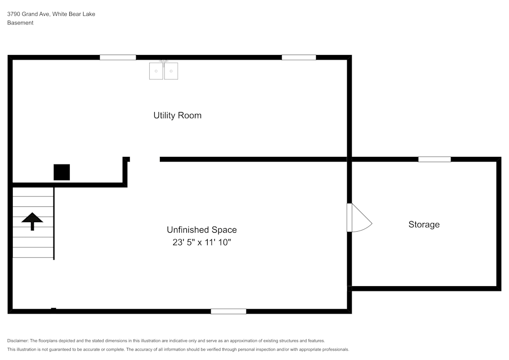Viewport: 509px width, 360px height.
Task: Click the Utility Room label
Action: click(x=177, y=116)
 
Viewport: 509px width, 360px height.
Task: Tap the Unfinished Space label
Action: click(x=202, y=230)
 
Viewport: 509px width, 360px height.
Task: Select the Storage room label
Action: click(x=424, y=225)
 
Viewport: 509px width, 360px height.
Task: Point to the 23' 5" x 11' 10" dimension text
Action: click(x=202, y=242)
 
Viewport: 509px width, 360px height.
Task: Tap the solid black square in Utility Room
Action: click(x=62, y=172)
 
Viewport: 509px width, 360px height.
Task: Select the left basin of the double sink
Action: click(x=156, y=71)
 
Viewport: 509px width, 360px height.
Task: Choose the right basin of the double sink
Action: click(x=171, y=71)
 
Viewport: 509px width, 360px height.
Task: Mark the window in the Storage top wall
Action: click(x=434, y=159)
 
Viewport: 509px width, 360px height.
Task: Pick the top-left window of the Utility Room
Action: click(x=118, y=58)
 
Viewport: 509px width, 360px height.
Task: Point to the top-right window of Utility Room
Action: click(x=299, y=58)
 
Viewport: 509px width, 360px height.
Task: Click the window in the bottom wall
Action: click(x=229, y=311)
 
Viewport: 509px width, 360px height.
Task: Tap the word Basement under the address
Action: click(x=20, y=23)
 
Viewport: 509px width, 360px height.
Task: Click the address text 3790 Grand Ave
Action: click(x=28, y=14)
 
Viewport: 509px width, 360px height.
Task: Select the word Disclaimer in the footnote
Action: click(x=17, y=341)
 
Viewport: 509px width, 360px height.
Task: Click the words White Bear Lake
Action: click(x=74, y=14)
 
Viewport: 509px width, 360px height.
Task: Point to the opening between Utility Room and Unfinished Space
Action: click(x=145, y=159)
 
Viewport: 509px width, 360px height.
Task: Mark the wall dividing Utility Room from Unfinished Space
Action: click(x=253, y=159)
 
